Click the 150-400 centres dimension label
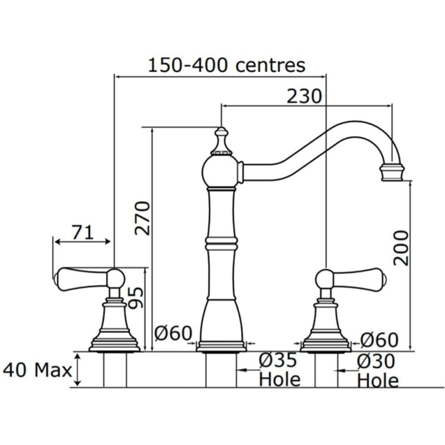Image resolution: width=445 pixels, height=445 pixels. [226, 66]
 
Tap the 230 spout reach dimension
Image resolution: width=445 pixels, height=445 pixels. [304, 96]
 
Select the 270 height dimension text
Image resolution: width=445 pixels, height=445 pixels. [142, 218]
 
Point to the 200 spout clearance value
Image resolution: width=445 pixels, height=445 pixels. [400, 248]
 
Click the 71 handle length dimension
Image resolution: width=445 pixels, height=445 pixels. [82, 233]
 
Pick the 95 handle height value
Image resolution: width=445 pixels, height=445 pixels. [135, 298]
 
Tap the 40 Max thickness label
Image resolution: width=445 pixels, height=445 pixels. [37, 370]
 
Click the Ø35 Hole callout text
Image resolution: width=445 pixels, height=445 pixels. [279, 370]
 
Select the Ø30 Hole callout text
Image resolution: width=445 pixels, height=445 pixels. [377, 370]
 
